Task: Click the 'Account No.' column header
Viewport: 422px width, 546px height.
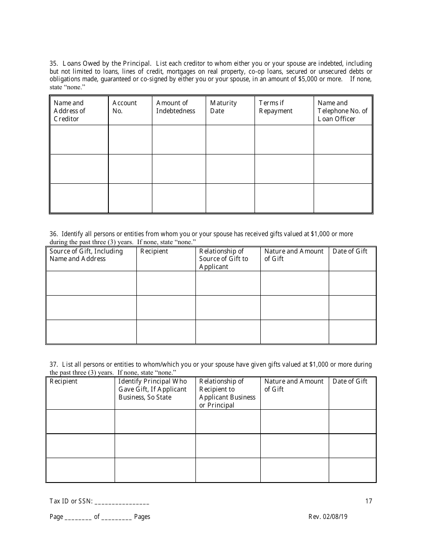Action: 124,107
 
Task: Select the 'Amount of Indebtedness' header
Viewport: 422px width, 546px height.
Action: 175,107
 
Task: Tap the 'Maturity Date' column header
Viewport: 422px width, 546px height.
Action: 223,107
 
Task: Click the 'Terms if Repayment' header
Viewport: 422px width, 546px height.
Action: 275,107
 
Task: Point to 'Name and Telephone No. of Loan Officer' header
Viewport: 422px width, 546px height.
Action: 342,111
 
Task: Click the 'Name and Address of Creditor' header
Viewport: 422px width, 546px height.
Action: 69,111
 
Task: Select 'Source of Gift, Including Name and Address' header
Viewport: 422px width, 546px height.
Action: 86,255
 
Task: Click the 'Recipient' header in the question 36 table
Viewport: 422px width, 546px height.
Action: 154,251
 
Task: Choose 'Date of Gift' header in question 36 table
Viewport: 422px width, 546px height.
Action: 350,251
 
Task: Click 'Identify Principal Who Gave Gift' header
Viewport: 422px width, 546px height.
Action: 152,389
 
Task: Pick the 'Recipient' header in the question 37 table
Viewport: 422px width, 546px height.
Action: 64,381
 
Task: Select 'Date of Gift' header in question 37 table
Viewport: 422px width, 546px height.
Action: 350,381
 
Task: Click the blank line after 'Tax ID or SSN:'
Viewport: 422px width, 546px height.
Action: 122,502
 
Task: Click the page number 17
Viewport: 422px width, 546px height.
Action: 369,501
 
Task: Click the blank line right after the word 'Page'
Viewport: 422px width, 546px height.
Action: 78,518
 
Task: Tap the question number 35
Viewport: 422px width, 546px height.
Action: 53,63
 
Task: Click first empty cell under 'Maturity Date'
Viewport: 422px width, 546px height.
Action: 230,139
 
